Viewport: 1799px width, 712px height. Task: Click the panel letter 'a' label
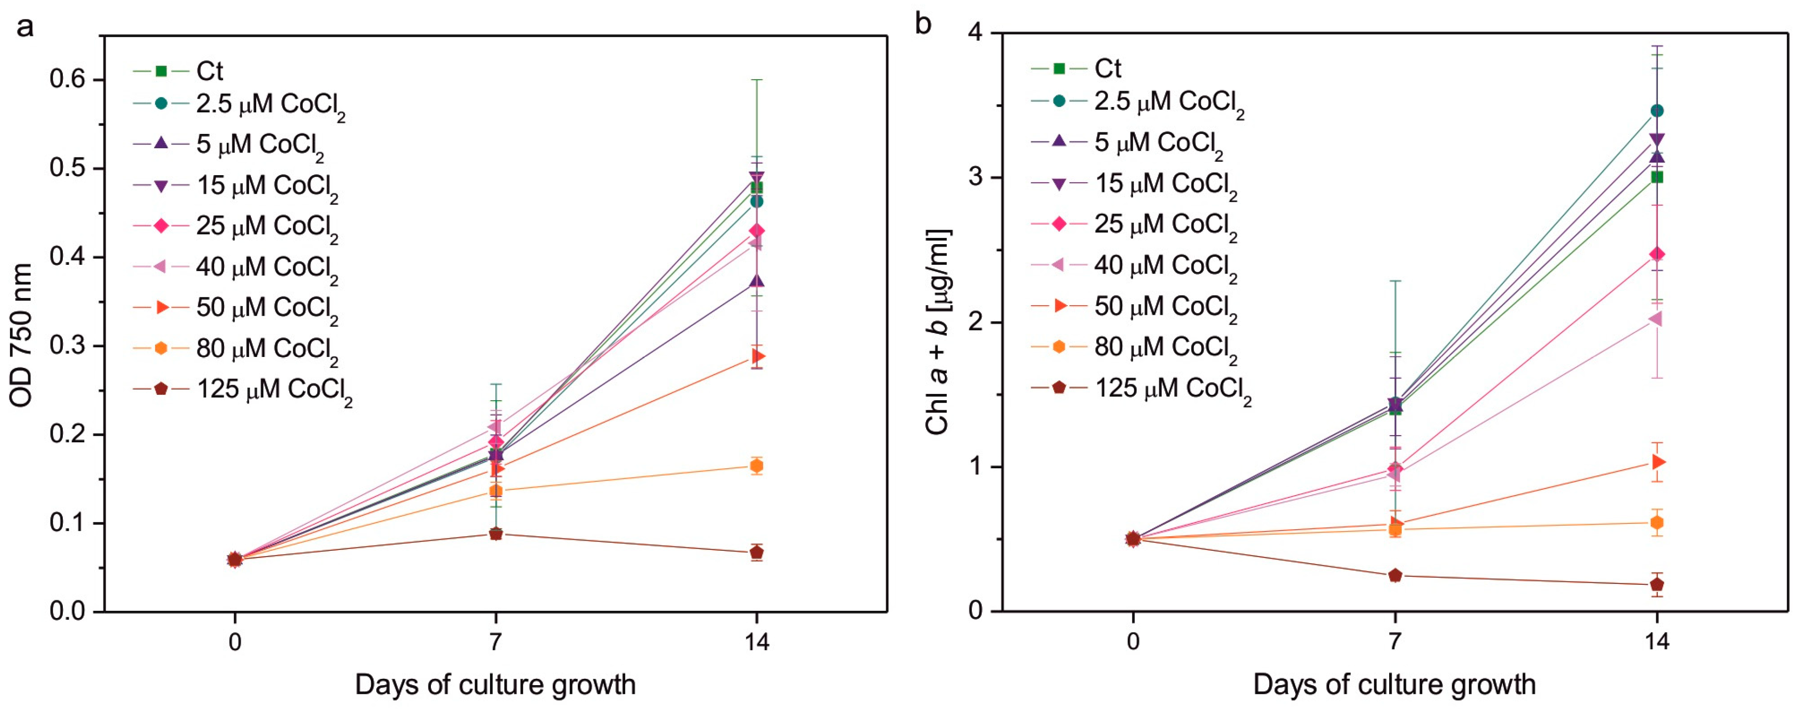(x=25, y=27)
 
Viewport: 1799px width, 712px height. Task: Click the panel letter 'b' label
(x=923, y=24)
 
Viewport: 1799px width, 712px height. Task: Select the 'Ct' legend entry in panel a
(x=209, y=71)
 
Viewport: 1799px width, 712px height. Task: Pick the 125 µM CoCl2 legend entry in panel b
(x=1172, y=389)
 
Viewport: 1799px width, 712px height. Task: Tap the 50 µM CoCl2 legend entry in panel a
(x=266, y=308)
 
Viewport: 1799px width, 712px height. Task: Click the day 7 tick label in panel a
(x=495, y=641)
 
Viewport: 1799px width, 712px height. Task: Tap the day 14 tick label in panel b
(x=1656, y=641)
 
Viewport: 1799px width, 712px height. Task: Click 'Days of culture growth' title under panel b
(x=1394, y=685)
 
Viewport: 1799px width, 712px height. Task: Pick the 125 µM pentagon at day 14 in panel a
(x=756, y=553)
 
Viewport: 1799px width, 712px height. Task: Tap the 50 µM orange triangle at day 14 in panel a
(x=757, y=356)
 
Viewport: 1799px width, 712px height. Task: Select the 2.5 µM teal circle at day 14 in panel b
(x=1656, y=111)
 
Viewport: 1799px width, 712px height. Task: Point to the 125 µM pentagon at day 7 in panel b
(x=1394, y=575)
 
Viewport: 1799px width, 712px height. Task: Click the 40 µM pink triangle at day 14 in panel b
(x=1655, y=319)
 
